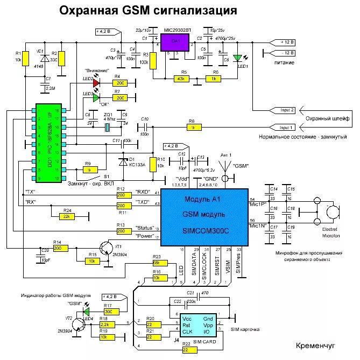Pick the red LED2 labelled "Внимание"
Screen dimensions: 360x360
(96, 83)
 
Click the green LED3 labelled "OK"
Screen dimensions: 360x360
(96, 98)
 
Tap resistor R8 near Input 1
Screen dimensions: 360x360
(192, 128)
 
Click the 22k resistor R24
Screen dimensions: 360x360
(67, 216)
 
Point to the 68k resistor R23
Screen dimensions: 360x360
(157, 262)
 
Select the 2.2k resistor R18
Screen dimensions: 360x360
(105, 326)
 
